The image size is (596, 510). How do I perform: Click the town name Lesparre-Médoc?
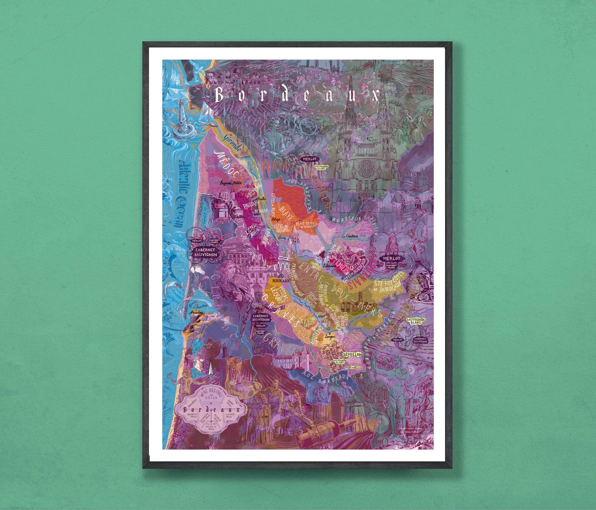click(231, 184)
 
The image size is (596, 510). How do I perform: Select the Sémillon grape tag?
click(352, 354)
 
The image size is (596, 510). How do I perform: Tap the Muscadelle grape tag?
click(353, 367)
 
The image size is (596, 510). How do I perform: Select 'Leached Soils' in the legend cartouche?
click(230, 415)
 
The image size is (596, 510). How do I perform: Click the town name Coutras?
click(352, 236)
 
